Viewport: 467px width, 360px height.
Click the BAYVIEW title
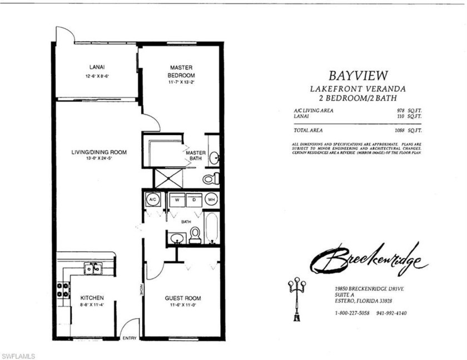pyautogui.click(x=357, y=75)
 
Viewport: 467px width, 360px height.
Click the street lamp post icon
pyautogui.click(x=296, y=300)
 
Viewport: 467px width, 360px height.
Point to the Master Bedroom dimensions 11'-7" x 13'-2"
pyautogui.click(x=181, y=82)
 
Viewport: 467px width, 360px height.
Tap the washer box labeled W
pyautogui.click(x=177, y=199)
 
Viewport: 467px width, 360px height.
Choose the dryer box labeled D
pyautogui.click(x=193, y=199)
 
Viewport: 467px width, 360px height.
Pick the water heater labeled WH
pyautogui.click(x=211, y=199)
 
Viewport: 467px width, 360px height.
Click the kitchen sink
pyautogui.click(x=92, y=268)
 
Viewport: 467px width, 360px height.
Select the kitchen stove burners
pyautogui.click(x=63, y=289)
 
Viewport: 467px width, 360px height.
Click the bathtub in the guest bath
pyautogui.click(x=211, y=227)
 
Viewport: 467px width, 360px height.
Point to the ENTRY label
pyautogui.click(x=129, y=338)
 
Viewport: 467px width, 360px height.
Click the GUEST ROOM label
pyautogui.click(x=182, y=298)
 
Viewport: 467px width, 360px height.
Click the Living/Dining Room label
pyautogui.click(x=99, y=152)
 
